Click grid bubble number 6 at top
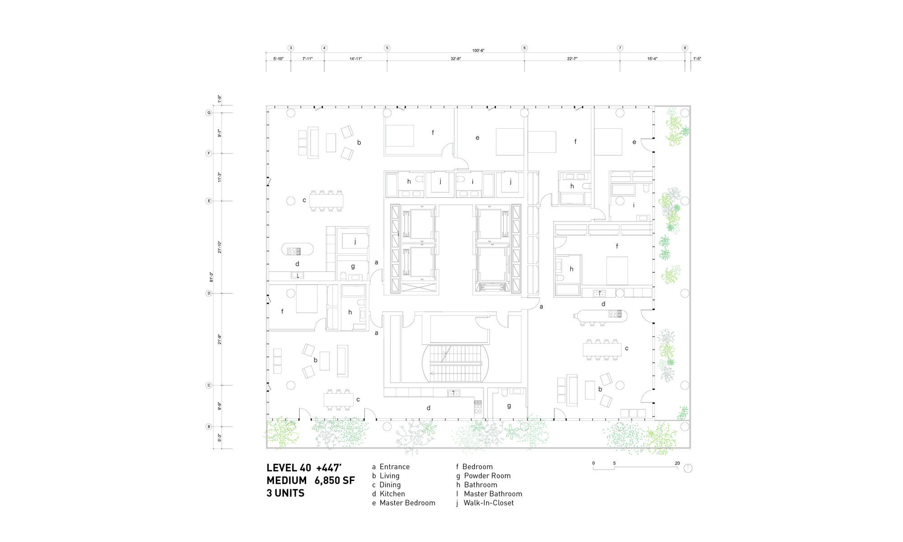point(524,48)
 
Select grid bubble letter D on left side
point(209,293)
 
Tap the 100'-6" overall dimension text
point(478,51)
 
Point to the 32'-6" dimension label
point(456,59)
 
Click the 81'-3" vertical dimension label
point(211,277)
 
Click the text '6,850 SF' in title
point(335,481)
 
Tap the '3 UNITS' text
point(285,493)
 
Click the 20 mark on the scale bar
point(677,463)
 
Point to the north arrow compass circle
point(688,468)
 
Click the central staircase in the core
point(456,363)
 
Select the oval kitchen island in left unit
point(298,249)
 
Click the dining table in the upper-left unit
point(326,201)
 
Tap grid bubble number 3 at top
point(291,48)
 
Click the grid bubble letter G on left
point(209,112)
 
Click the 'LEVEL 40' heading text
point(289,468)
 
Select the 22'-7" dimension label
point(572,59)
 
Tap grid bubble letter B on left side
point(209,426)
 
